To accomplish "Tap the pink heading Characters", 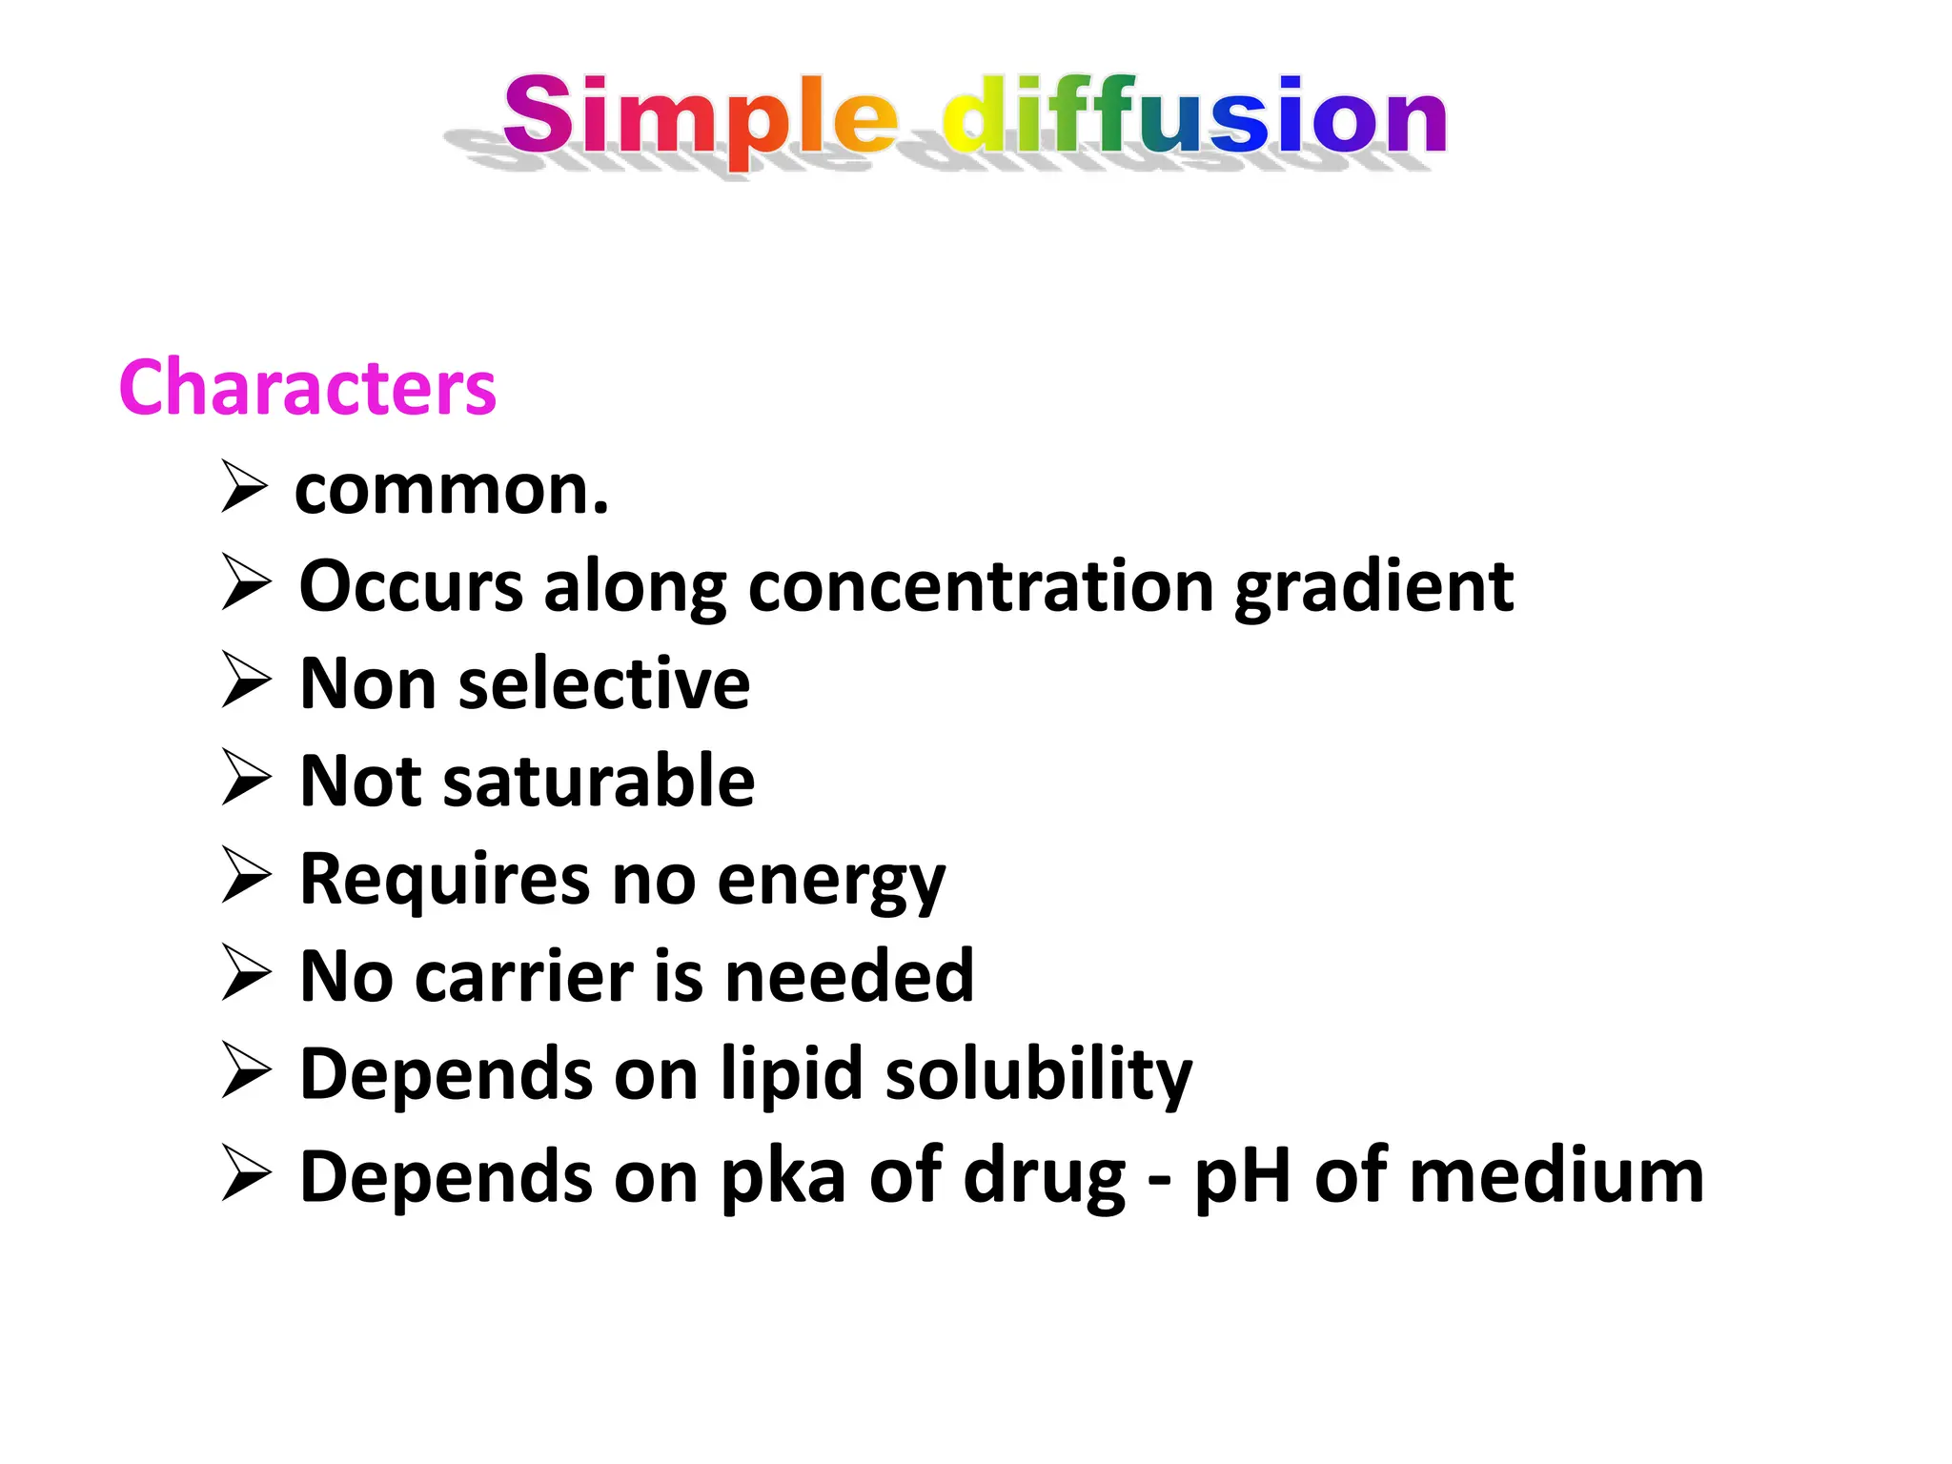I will click(x=307, y=388).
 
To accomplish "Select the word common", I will click(x=451, y=490).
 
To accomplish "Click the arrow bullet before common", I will click(x=244, y=486).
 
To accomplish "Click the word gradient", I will click(x=1373, y=589).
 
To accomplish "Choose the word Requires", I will click(x=444, y=881).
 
